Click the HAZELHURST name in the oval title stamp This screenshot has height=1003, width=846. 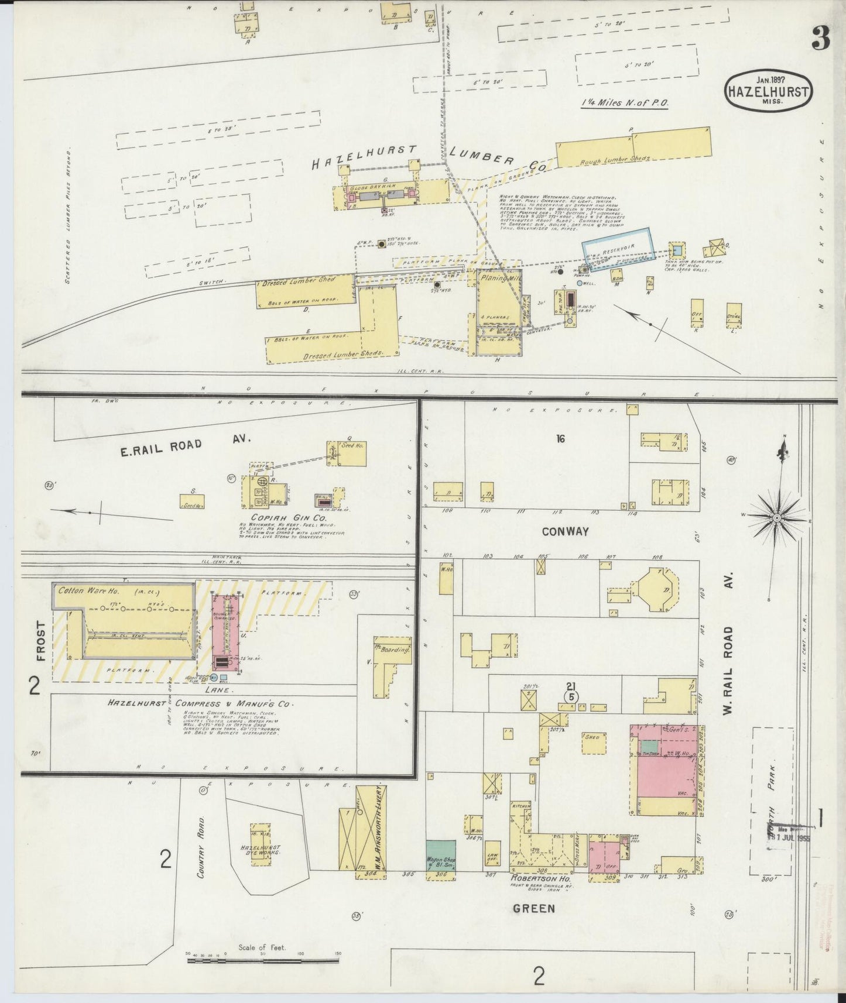pos(769,91)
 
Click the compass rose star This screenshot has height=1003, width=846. pos(776,518)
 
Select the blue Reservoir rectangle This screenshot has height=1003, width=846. pos(618,249)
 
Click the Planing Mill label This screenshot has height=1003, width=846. pos(498,279)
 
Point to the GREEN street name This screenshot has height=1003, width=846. pos(533,908)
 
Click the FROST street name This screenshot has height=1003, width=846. pos(40,641)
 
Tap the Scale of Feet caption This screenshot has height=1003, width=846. pos(262,947)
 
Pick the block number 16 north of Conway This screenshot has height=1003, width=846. pos(560,438)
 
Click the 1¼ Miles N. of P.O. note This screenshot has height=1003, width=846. pos(625,102)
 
